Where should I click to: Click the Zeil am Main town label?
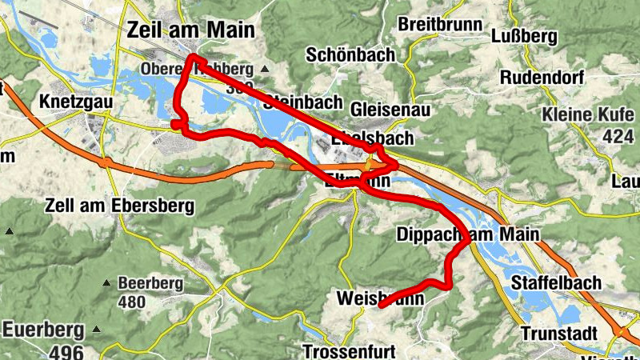(x=190, y=30)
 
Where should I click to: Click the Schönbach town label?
(x=351, y=54)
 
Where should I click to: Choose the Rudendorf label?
(x=545, y=78)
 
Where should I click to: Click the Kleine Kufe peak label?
(x=587, y=115)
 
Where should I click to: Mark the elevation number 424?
(x=618, y=137)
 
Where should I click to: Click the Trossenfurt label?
(x=350, y=351)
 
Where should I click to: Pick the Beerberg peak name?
(x=150, y=283)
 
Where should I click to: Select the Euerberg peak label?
(x=44, y=329)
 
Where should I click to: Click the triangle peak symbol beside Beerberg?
(x=106, y=283)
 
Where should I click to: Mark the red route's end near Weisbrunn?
(x=381, y=305)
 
